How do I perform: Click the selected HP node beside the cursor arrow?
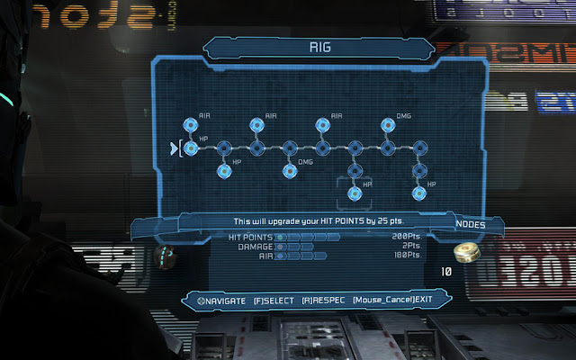click(x=191, y=148)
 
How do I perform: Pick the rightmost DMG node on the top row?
click(x=389, y=125)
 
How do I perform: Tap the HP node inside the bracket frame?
click(x=355, y=191)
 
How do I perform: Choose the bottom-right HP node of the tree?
click(x=418, y=191)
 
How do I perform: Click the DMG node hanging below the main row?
click(x=289, y=169)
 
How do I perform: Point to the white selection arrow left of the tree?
click(x=174, y=148)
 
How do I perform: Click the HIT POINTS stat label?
click(x=251, y=236)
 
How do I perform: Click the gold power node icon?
click(x=465, y=252)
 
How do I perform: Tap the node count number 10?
click(x=445, y=270)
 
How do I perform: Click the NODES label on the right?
click(x=471, y=223)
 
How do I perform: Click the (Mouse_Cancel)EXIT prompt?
click(x=388, y=299)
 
